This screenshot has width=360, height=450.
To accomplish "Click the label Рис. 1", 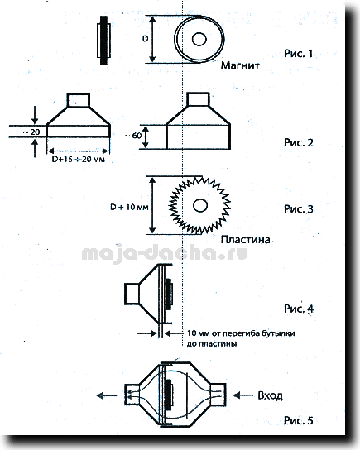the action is point(298,54).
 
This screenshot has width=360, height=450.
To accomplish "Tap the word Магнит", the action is point(240,65).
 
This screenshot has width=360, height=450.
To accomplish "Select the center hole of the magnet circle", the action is point(199,39).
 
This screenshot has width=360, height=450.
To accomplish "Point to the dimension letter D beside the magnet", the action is point(146,38).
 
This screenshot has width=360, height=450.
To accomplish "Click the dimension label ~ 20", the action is point(31,132).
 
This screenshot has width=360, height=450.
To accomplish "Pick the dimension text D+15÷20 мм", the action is point(78,159).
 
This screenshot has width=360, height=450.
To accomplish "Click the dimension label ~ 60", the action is point(133,136).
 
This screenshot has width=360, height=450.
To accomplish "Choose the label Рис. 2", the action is point(299,142).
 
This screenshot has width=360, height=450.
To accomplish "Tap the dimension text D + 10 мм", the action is point(129,207).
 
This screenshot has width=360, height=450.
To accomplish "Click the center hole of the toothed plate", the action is point(200,205).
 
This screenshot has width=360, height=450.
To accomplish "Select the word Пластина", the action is point(246,239).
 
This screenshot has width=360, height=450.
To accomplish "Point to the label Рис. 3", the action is point(299,208).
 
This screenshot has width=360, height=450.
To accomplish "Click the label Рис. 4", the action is point(299,309).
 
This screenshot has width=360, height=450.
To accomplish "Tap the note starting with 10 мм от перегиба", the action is point(241,338).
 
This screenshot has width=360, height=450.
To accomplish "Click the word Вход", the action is point(270,395).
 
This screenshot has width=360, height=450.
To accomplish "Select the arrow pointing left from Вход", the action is point(243,395).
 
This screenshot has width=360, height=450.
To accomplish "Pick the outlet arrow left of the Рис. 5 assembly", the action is point(107,395).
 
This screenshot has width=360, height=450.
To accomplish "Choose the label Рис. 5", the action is point(298,420).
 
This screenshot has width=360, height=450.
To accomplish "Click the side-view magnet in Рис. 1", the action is point(104,41).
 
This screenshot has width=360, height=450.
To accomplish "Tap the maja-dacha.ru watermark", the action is point(165,253).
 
